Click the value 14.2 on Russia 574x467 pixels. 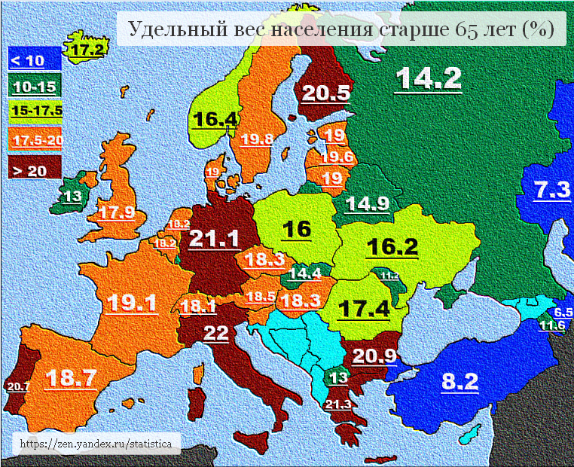[428, 79]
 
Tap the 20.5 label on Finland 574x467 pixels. [326, 93]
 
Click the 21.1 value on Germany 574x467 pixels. [214, 239]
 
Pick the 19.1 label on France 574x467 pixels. [132, 303]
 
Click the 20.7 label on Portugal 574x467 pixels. [17, 386]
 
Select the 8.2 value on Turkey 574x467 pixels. [460, 381]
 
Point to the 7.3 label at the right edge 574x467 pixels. [552, 191]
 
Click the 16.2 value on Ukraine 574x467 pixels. [391, 246]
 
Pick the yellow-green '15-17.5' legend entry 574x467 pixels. [36, 111]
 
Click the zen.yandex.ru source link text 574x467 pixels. [99, 444]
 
